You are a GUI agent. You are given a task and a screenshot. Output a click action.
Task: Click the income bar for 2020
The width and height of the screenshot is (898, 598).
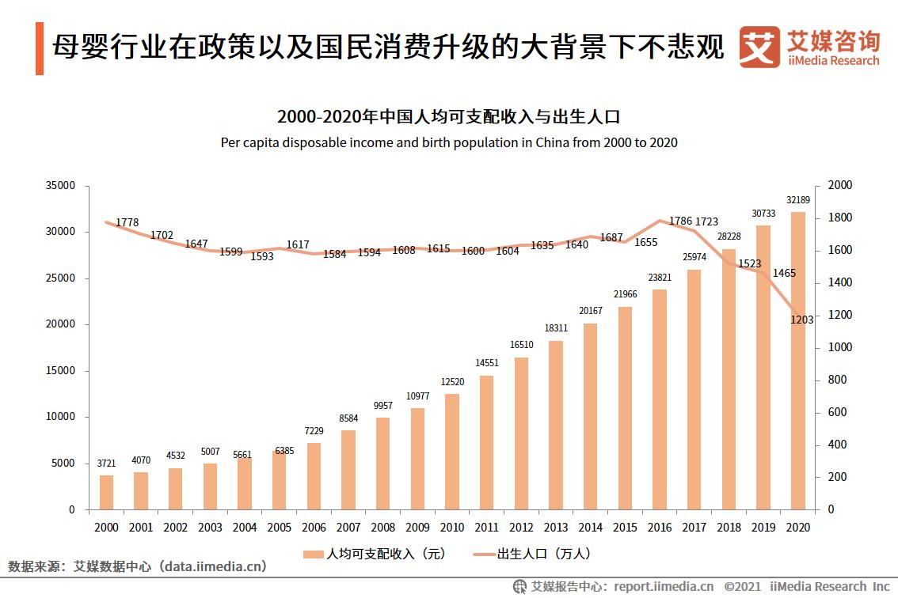tap(797, 361)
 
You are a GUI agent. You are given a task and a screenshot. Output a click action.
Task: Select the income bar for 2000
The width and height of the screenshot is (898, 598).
tap(106, 492)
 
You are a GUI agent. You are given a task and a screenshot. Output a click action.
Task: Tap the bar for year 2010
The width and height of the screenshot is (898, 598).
tap(451, 452)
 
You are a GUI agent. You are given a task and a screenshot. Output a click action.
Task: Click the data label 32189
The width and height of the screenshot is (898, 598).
tap(797, 199)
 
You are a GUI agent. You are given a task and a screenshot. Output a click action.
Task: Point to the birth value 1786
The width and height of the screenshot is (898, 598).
tap(680, 221)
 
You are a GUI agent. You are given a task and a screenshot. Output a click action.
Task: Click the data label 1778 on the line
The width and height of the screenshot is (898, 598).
tap(127, 223)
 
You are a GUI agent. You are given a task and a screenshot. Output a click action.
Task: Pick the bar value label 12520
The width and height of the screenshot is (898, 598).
tap(452, 383)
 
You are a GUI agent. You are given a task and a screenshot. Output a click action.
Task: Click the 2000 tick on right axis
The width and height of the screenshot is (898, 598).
tap(839, 185)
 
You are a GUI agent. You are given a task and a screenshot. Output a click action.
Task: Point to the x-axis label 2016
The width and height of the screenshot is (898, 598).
tap(659, 527)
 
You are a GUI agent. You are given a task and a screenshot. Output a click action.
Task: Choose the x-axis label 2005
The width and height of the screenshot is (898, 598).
tap(279, 527)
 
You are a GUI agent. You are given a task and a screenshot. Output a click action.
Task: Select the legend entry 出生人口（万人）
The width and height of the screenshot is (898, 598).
tap(531, 554)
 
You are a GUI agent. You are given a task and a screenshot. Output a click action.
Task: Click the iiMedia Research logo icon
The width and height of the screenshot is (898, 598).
tap(759, 47)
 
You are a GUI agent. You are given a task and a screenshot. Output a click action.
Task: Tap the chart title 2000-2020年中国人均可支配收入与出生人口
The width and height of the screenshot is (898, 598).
tap(448, 117)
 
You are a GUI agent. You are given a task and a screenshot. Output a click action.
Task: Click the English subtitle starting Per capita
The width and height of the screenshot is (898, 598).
tap(448, 143)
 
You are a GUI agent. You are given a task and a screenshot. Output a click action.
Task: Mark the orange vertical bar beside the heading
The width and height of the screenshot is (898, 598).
tap(39, 49)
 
